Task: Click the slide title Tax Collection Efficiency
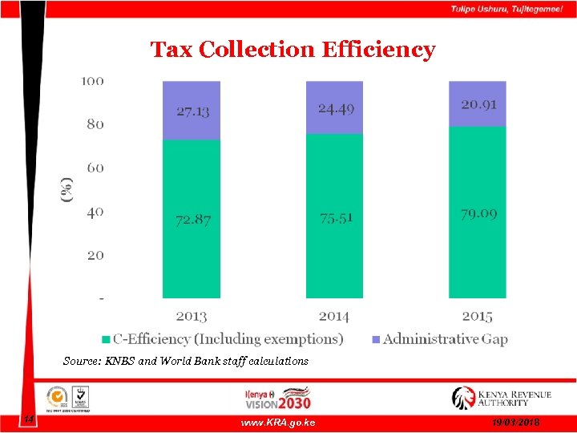(293, 50)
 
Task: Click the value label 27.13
(192, 111)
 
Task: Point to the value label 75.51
(335, 217)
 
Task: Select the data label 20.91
(478, 104)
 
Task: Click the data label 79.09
(478, 214)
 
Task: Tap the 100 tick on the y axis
(92, 81)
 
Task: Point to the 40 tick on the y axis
(95, 212)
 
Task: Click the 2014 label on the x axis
(334, 317)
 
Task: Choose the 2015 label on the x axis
(477, 317)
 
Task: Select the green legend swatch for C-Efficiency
(105, 339)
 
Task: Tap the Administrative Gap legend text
(445, 339)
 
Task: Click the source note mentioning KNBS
(185, 361)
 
